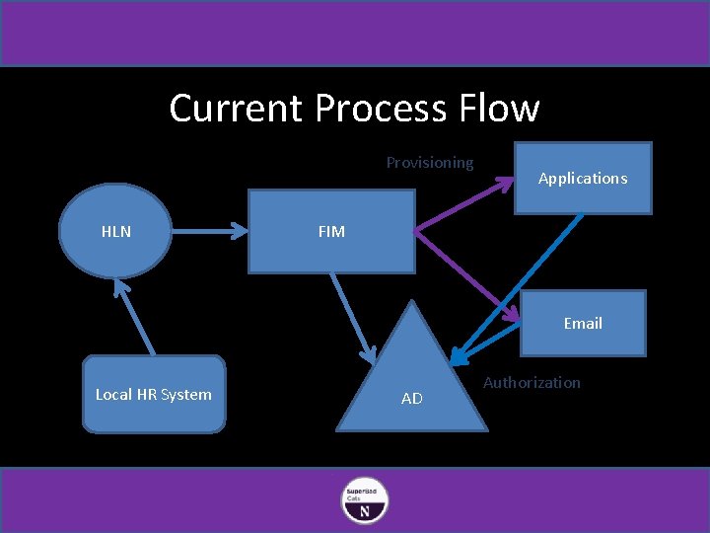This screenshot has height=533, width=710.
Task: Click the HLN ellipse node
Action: pos(115,232)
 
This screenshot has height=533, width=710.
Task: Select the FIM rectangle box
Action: pos(331,232)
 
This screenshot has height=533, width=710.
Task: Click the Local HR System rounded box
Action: pos(153,394)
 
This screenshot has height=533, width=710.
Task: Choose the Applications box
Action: pos(583,179)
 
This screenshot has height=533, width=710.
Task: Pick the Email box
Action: pos(583,323)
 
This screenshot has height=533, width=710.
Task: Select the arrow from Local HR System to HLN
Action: pos(136,316)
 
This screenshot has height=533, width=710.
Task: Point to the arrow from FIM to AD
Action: pos(352,317)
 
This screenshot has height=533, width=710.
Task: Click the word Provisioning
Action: pos(429,162)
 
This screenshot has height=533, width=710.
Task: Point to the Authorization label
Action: pos(532,382)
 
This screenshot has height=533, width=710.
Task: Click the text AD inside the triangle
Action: pos(412,399)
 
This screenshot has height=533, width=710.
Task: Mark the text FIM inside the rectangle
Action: pos(331,232)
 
